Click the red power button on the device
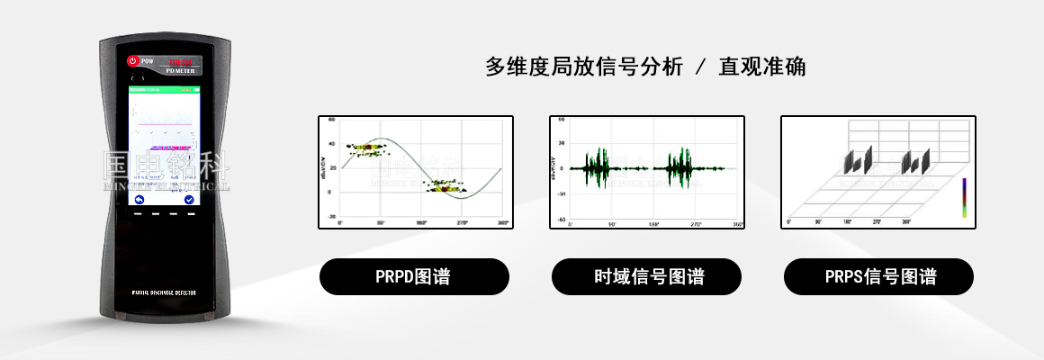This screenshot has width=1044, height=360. pyautogui.click(x=132, y=61)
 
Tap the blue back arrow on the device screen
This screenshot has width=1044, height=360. pyautogui.click(x=139, y=199)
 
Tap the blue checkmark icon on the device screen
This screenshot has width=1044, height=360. pyautogui.click(x=189, y=199)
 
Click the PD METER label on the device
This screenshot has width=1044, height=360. pyautogui.click(x=183, y=69)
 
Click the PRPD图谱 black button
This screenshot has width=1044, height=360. pyautogui.click(x=414, y=277)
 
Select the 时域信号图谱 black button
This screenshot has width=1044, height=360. pyautogui.click(x=646, y=277)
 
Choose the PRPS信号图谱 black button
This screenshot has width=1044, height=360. pyautogui.click(x=877, y=277)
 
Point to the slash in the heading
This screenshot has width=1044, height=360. pyautogui.click(x=700, y=67)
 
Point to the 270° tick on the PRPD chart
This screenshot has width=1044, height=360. pyautogui.click(x=462, y=222)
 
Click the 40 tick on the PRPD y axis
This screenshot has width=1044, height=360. pyautogui.click(x=331, y=144)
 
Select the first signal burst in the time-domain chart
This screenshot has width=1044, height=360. pyautogui.click(x=598, y=168)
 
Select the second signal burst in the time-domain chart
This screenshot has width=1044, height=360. pyautogui.click(x=678, y=168)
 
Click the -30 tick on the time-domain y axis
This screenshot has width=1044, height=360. pyautogui.click(x=562, y=194)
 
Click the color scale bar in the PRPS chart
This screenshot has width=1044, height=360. pyautogui.click(x=963, y=197)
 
